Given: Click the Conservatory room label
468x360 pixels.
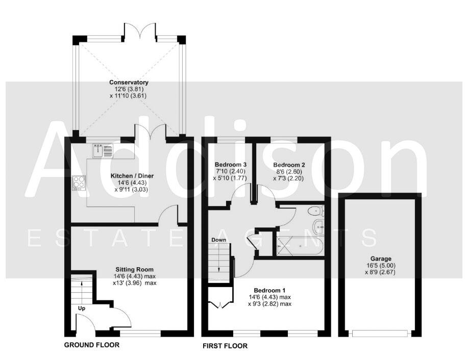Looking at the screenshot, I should tap(129, 82).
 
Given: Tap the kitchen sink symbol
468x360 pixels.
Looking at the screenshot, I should tap(103, 150).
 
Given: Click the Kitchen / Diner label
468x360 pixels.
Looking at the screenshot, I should tap(132, 176).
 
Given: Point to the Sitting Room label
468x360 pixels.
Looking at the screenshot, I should tap(134, 269).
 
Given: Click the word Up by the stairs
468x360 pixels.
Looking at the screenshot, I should tap(82, 308).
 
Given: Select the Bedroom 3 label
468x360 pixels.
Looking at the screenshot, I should tap(231, 165).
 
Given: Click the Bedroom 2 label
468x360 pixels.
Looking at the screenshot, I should tap(289, 165).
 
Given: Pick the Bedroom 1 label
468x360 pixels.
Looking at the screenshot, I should tap(263, 290).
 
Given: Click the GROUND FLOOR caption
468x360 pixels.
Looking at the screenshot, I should tap(92, 345).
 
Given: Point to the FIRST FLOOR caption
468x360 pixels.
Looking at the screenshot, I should tap(225, 346).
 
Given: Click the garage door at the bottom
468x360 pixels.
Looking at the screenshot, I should tap(380, 333).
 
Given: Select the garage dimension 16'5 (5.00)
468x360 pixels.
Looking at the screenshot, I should tap(380, 265).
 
